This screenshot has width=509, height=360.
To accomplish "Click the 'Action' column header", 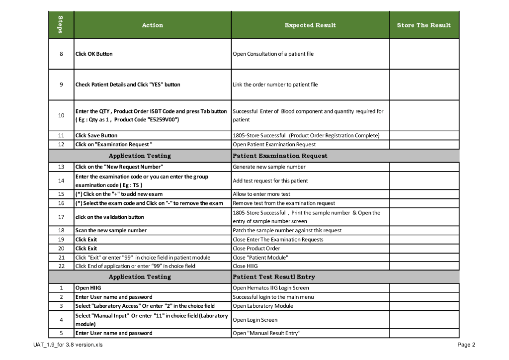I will (x=152, y=25).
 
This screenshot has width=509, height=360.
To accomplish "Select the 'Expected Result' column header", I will (x=310, y=25).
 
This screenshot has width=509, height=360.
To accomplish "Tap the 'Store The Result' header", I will (x=424, y=25).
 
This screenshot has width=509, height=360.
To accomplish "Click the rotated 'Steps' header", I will (x=61, y=25).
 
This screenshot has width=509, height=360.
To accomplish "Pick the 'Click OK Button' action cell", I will (x=94, y=54).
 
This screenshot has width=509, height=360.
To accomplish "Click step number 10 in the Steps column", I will (x=61, y=115).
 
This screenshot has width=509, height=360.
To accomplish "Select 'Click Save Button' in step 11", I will (x=96, y=135).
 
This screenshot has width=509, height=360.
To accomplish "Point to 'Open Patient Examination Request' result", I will (x=274, y=145).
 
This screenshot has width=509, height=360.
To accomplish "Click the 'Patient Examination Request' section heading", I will (x=280, y=156).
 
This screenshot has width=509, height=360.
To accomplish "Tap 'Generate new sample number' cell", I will (x=269, y=167).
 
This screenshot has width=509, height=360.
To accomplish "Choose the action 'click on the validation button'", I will (x=109, y=217).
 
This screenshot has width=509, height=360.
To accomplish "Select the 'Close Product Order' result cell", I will (x=256, y=249).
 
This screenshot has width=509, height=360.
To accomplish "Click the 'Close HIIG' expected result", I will (x=242, y=266).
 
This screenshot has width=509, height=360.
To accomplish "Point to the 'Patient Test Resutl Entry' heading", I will (x=273, y=277).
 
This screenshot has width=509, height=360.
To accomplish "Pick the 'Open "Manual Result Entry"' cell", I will (x=266, y=333).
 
